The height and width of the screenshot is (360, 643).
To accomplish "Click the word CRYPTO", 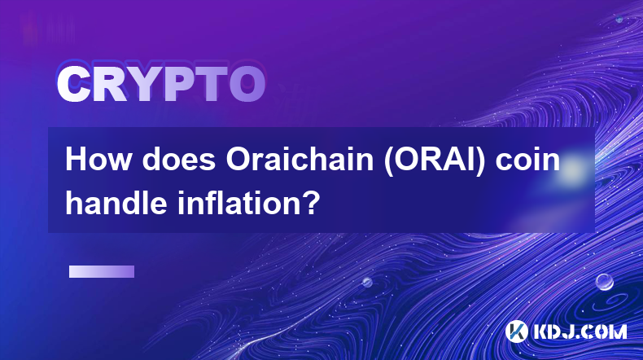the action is [161, 84].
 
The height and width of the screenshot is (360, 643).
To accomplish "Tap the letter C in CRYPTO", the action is [73, 84].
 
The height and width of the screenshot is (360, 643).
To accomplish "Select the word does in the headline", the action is [178, 160].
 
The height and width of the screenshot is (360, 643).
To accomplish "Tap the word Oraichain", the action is [300, 160].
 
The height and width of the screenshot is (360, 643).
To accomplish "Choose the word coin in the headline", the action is [527, 160].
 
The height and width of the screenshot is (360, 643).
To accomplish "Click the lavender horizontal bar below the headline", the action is [102, 271].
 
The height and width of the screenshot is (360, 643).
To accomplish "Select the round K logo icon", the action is [516, 331].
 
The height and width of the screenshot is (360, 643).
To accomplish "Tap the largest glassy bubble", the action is [604, 282].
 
